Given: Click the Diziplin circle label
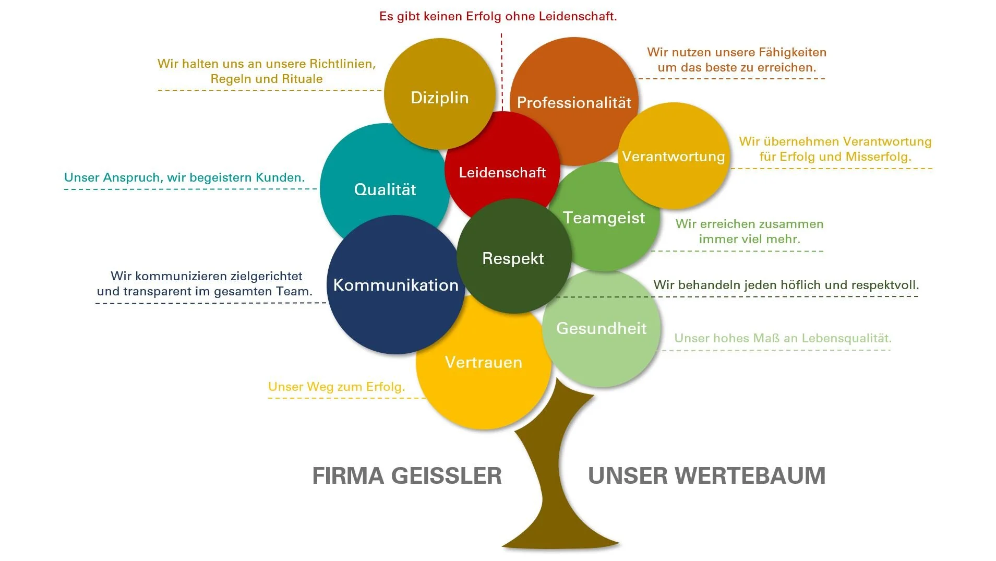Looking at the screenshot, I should click(439, 98).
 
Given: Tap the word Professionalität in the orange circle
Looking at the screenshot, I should click(574, 102).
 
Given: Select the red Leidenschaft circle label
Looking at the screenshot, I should click(502, 172).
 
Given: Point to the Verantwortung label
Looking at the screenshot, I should click(673, 156).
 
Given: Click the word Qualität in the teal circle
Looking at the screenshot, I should click(385, 189).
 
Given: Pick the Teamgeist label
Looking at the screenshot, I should click(604, 218).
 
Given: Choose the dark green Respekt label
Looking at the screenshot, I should click(513, 258).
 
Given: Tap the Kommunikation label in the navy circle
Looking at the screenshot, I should click(395, 285).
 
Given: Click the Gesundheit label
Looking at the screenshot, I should click(601, 328).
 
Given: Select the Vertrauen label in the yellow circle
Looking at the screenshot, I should click(483, 362).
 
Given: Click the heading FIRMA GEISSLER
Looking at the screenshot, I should click(407, 475).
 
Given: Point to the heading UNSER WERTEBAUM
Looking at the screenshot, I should click(706, 475).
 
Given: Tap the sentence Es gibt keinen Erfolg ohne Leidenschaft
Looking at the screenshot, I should click(498, 16).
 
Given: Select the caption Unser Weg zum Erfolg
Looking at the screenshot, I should click(336, 387).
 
